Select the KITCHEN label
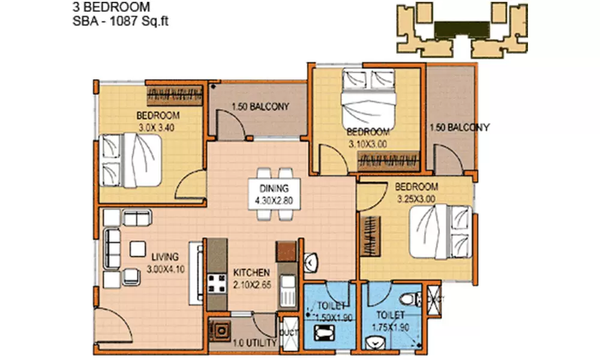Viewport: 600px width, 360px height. click(x=251, y=272)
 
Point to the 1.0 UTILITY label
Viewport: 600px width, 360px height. click(x=254, y=344)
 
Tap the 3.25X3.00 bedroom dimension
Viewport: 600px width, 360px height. click(x=416, y=198)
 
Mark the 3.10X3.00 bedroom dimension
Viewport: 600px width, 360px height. click(x=368, y=144)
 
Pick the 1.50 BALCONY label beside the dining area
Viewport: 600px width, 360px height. click(x=260, y=107)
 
